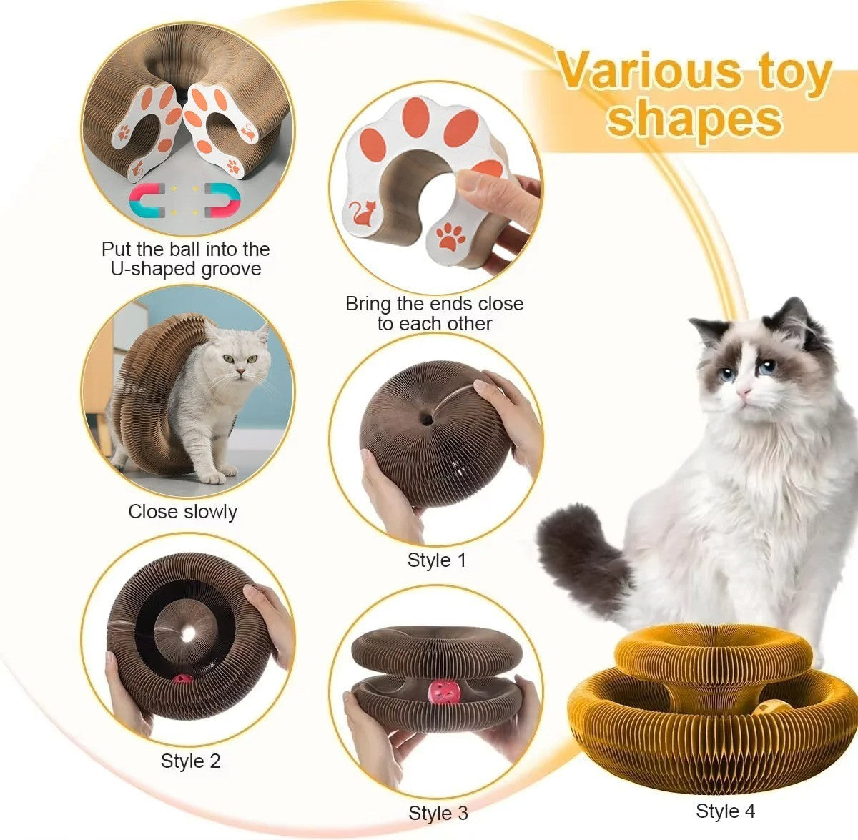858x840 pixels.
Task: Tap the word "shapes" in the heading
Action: [x=694, y=119]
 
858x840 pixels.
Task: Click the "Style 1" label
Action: [x=436, y=560]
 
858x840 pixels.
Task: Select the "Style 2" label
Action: [x=190, y=761]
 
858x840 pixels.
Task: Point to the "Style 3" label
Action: [x=438, y=813]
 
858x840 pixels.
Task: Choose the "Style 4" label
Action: [x=725, y=811]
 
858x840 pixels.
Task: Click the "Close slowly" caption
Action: [x=182, y=511]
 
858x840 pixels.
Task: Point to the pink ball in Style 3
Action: [x=438, y=692]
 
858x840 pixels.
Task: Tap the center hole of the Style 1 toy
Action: [x=426, y=420]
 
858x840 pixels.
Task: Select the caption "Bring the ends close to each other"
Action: [x=434, y=313]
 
